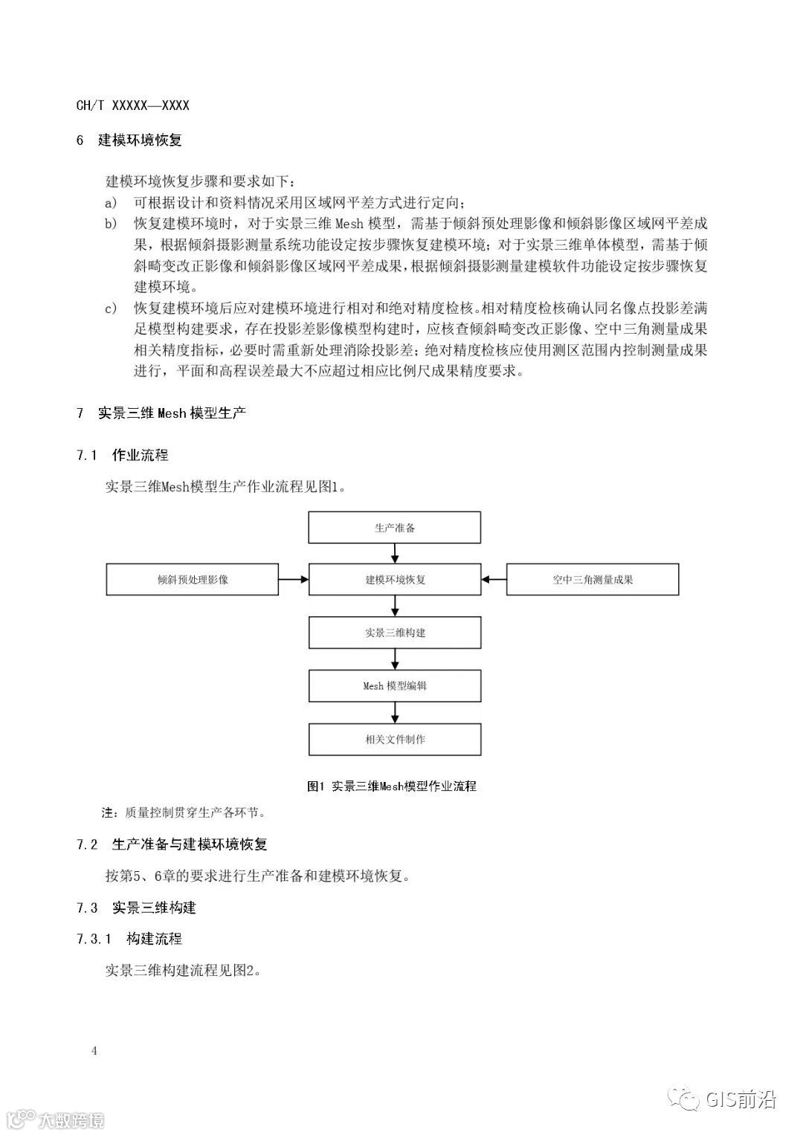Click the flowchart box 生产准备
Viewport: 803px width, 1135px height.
[x=395, y=528]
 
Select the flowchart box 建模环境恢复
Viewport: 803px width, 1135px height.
[x=395, y=580]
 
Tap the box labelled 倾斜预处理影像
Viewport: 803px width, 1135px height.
[x=193, y=580]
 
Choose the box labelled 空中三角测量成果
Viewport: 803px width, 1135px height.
[x=593, y=580]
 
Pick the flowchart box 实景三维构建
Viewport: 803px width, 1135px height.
[x=395, y=633]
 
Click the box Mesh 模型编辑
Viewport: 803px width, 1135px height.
[x=395, y=686]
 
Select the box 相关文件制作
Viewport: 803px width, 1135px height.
[x=395, y=740]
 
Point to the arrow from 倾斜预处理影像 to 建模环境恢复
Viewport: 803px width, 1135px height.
[x=294, y=580]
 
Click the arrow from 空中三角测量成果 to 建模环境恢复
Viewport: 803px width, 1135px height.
[x=494, y=580]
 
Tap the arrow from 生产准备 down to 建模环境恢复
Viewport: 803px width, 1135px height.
[x=395, y=554]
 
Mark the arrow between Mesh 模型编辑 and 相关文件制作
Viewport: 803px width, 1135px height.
[x=395, y=713]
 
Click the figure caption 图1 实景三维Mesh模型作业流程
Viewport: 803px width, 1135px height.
[x=392, y=786]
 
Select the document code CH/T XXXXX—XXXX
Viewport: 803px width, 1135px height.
[x=133, y=106]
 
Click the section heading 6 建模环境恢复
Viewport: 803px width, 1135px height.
[x=129, y=140]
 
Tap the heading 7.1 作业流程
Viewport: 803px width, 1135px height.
[x=123, y=455]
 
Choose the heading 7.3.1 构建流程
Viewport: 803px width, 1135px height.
[x=129, y=939]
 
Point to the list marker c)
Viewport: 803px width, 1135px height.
[x=111, y=308]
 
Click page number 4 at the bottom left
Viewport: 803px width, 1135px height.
[x=94, y=1050]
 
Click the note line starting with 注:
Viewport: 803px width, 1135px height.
[x=184, y=813]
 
